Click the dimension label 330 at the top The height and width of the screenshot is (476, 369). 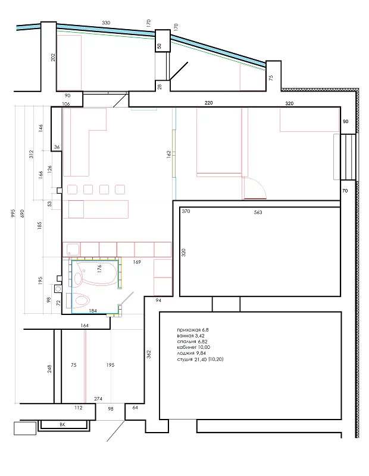pos(106,23)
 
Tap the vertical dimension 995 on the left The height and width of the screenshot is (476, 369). pos(12,213)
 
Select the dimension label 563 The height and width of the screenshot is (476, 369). pos(258,213)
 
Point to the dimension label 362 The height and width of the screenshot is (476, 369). pos(149,354)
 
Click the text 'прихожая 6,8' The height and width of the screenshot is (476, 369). pos(193,330)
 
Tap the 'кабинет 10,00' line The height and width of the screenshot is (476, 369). pos(193,347)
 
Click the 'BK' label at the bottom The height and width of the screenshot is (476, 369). pos(62,425)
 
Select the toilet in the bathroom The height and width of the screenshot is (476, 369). pos(80,300)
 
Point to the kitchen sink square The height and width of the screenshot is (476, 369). pos(73,250)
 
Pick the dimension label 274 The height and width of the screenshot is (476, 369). pos(98,399)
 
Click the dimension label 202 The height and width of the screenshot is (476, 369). pos(54,58)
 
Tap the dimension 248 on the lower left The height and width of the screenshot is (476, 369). pos(49,368)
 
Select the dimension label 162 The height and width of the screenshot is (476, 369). pos(169,155)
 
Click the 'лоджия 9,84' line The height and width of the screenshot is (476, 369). pos(191,353)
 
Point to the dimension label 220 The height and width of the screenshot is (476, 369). pos(208,103)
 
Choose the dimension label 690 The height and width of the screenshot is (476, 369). pos(22,213)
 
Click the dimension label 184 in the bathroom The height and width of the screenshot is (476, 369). pos(93,311)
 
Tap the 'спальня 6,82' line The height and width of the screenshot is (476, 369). pos(192,342)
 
